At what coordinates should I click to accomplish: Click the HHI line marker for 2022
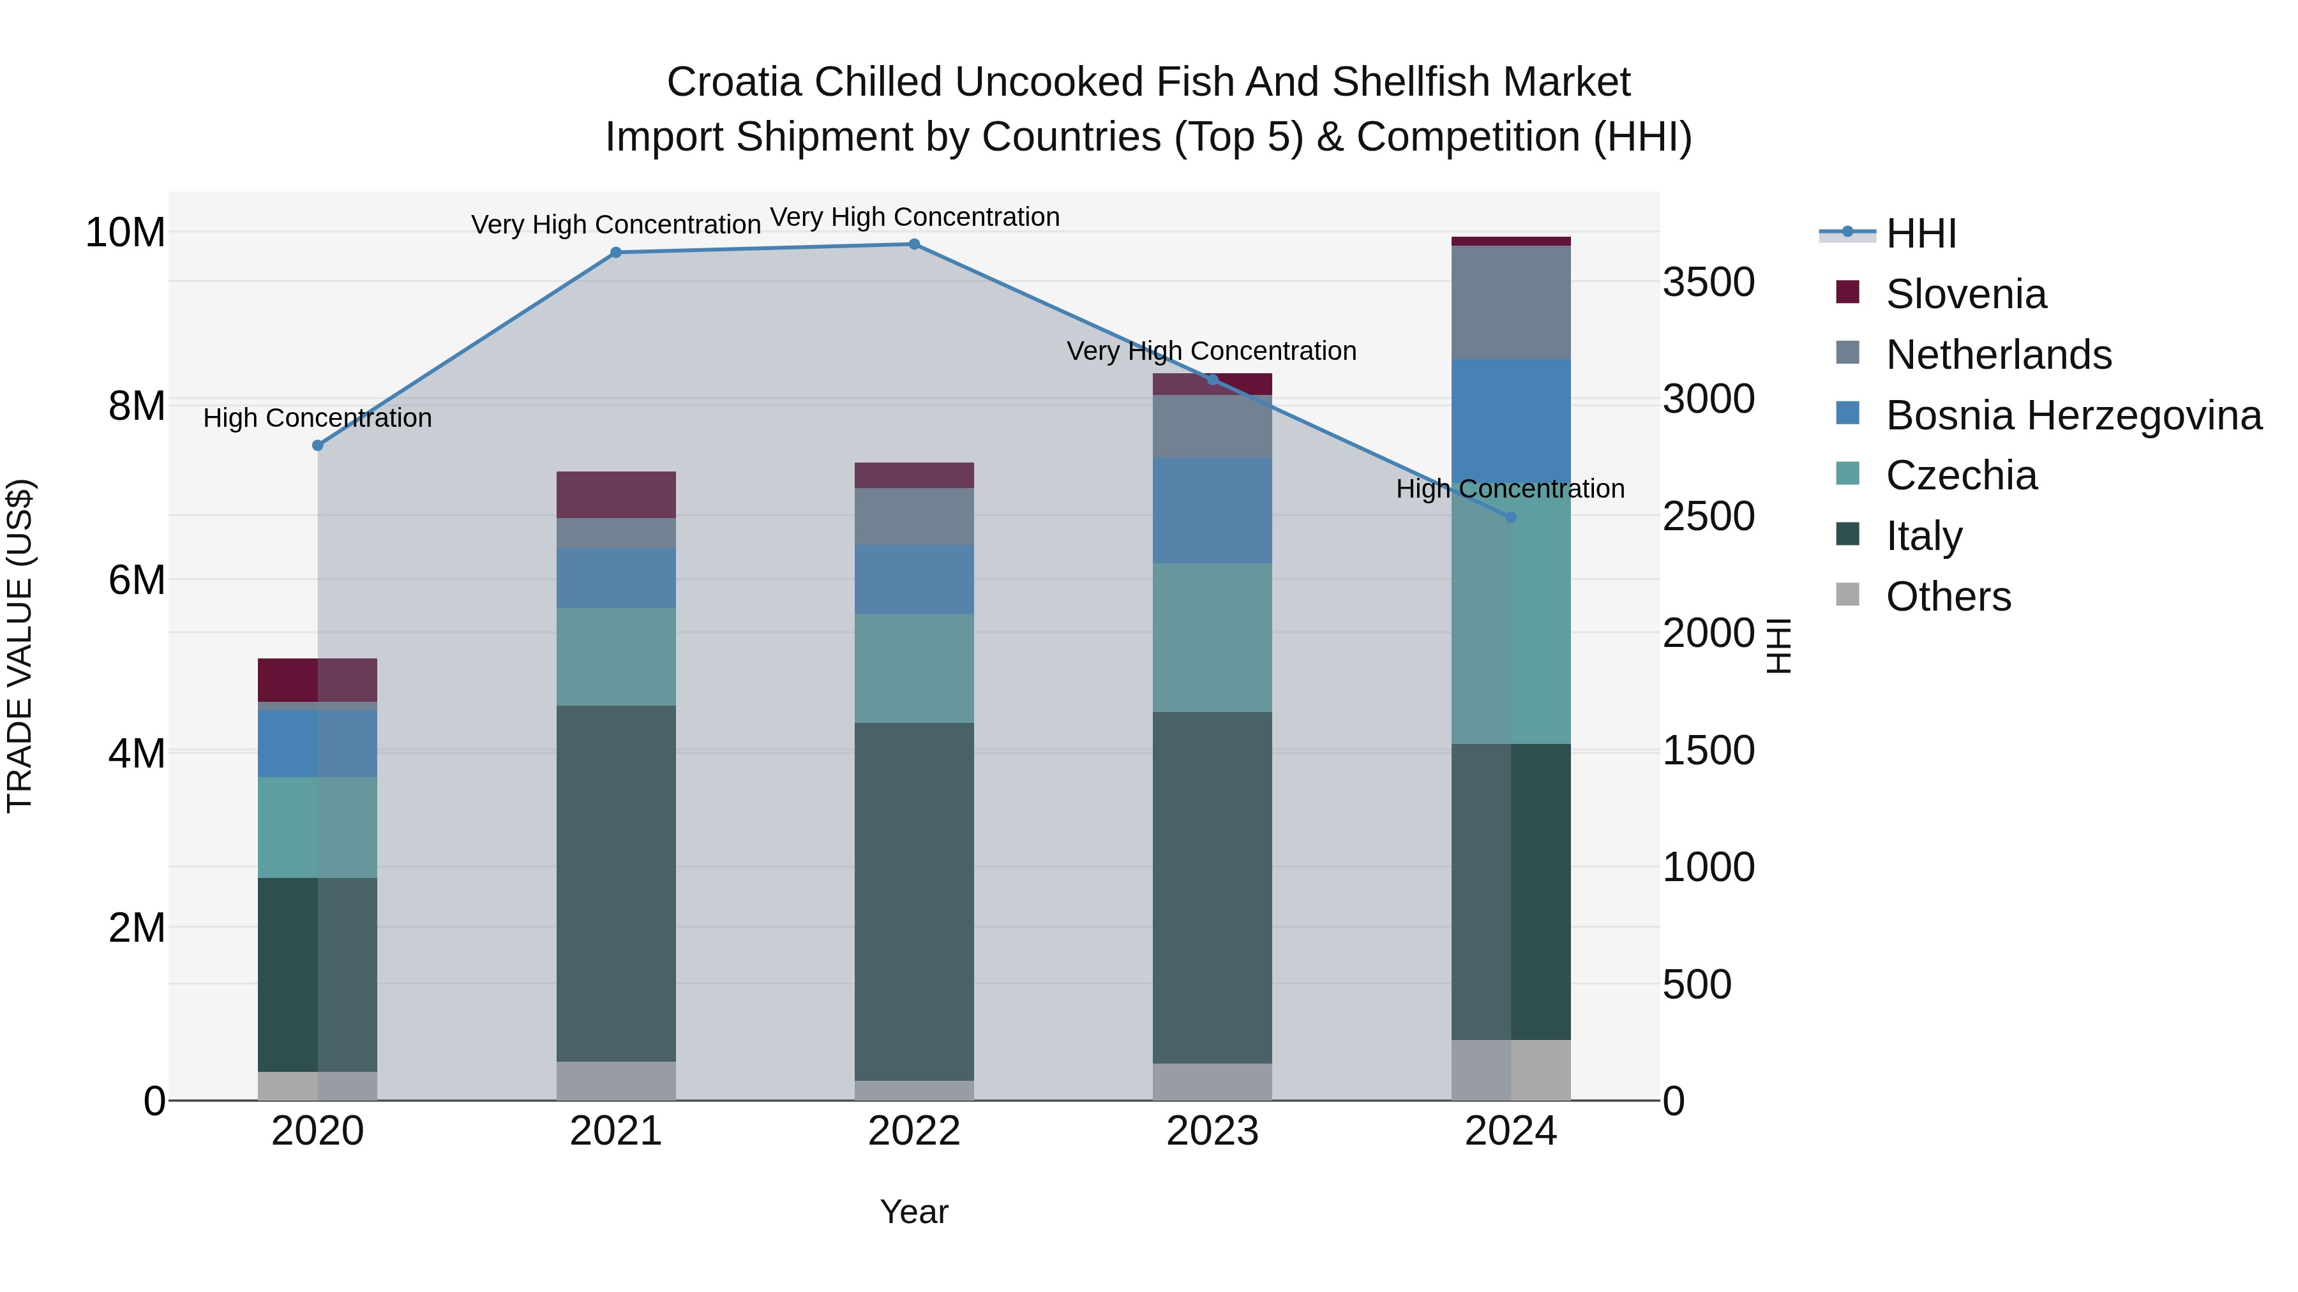click(x=913, y=244)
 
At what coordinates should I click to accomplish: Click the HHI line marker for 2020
click(x=318, y=445)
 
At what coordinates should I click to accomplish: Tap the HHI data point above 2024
click(x=1510, y=517)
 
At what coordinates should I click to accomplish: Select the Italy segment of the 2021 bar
click(x=615, y=883)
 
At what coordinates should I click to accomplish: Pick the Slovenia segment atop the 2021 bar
click(x=615, y=495)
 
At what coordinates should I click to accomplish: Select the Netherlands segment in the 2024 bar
click(x=1510, y=302)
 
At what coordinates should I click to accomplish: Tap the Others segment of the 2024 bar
click(x=1510, y=1070)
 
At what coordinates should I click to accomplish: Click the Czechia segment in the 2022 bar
click(x=913, y=668)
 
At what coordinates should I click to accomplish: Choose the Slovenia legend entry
click(x=1965, y=294)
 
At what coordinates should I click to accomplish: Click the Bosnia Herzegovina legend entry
click(x=2072, y=415)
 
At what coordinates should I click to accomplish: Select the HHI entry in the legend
click(x=1921, y=234)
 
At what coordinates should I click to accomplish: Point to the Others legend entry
click(x=1948, y=597)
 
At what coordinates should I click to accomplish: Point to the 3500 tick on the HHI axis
click(x=1708, y=283)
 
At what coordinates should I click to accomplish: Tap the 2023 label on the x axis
click(x=1212, y=1131)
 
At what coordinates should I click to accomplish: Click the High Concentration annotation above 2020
click(x=318, y=417)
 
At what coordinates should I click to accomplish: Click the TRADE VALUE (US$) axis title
click(x=20, y=646)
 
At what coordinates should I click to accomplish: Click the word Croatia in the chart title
click(x=733, y=82)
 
